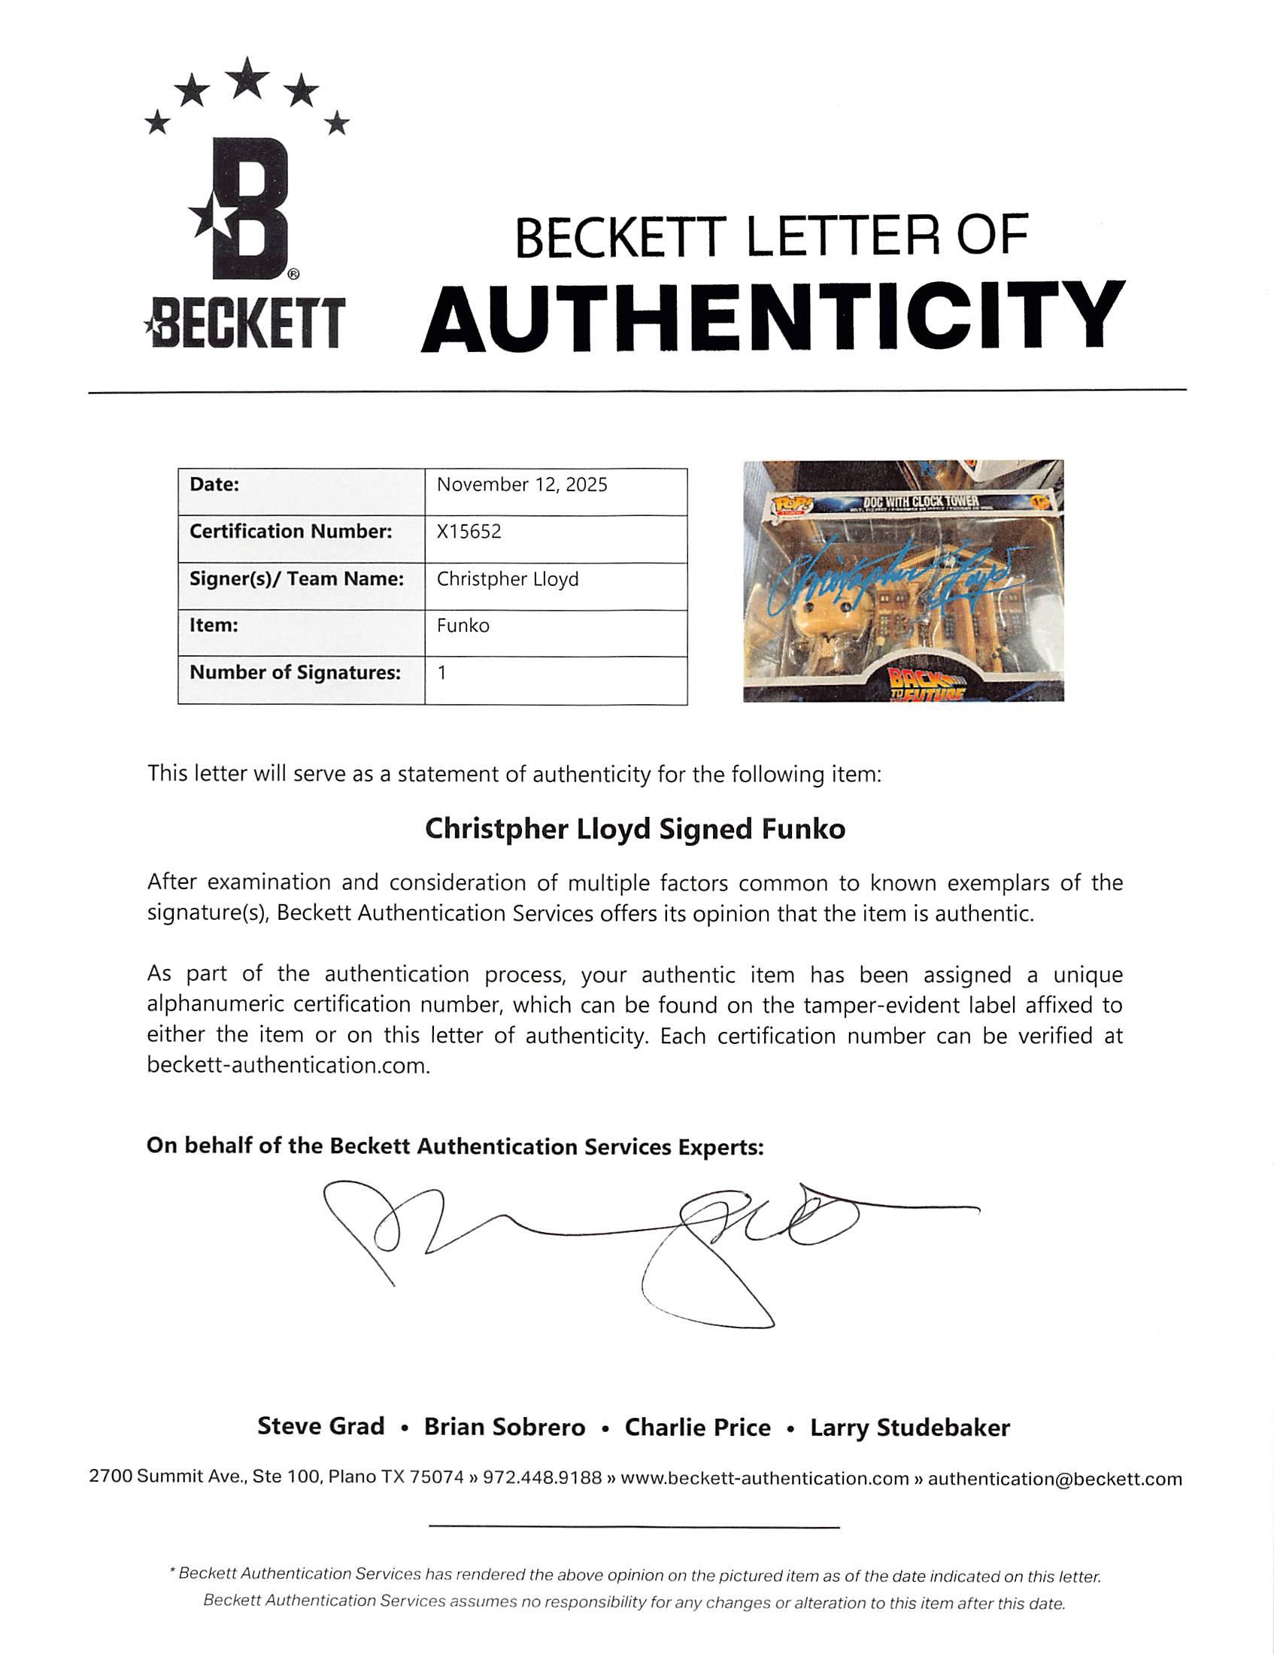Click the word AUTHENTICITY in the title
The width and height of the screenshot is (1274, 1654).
click(x=772, y=317)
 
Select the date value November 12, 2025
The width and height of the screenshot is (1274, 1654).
click(x=522, y=484)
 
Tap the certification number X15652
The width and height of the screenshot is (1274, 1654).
click(x=469, y=532)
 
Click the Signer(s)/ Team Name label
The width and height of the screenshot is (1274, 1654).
click(x=296, y=579)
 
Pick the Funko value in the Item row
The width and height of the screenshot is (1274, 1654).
click(x=463, y=626)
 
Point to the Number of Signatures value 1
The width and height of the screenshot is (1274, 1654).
click(x=441, y=672)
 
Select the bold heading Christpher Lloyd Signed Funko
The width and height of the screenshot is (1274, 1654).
click(x=635, y=830)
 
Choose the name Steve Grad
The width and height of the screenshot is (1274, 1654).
click(x=321, y=1427)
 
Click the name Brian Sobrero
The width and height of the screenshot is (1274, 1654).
click(x=505, y=1428)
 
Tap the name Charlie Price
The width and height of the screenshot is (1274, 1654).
click(x=698, y=1428)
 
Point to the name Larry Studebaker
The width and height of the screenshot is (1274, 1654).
click(x=910, y=1428)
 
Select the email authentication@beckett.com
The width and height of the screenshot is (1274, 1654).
click(x=1054, y=1478)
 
